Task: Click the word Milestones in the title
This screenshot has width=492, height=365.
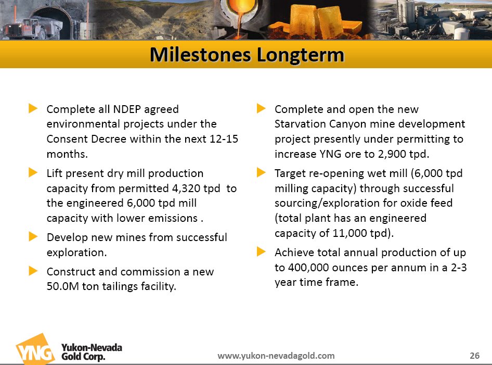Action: tap(200, 55)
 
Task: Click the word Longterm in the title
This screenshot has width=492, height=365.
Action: tap(301, 55)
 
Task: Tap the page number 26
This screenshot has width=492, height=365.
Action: tap(474, 355)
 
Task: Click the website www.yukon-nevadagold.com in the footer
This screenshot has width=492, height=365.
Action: tap(276, 356)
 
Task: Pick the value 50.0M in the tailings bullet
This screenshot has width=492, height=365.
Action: tap(63, 286)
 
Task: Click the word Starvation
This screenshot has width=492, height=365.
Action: tap(300, 124)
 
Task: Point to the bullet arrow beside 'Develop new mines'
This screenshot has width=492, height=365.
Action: tap(33, 236)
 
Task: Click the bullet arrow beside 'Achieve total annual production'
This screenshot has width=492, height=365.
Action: tap(261, 251)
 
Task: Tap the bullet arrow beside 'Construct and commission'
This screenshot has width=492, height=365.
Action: tap(33, 270)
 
